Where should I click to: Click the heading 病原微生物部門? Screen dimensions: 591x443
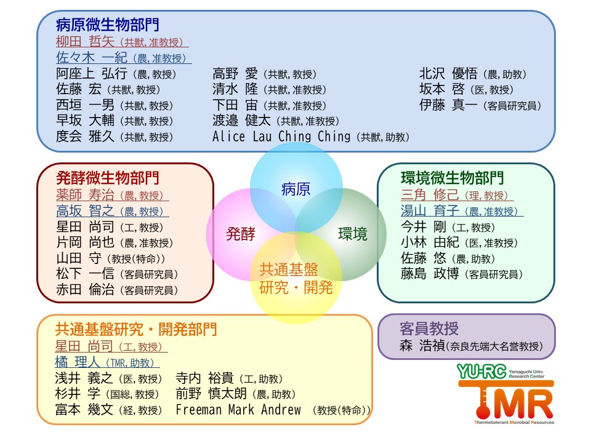(107, 25)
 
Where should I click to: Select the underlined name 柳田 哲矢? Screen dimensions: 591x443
(85, 41)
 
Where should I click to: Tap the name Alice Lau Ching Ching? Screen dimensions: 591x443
(281, 136)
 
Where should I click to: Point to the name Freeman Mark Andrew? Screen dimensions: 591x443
(238, 410)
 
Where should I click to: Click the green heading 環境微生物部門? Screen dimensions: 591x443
(452, 178)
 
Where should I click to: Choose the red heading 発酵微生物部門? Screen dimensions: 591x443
(108, 178)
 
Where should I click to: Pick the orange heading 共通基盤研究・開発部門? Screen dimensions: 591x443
(136, 329)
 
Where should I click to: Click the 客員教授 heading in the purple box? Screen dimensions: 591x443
(429, 329)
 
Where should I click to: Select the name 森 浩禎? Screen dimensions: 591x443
(422, 345)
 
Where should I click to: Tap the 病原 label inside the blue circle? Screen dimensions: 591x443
(296, 189)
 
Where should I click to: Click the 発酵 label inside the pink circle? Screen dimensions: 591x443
(241, 234)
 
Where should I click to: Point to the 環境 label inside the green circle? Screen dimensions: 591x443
(353, 234)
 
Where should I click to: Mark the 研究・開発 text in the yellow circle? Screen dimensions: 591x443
(296, 288)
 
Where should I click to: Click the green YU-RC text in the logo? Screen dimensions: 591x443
(481, 372)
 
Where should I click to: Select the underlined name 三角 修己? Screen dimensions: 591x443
(430, 195)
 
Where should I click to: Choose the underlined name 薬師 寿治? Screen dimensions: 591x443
(85, 195)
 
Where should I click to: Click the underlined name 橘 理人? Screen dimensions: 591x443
(78, 362)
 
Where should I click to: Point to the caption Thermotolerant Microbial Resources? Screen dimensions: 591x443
(514, 422)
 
